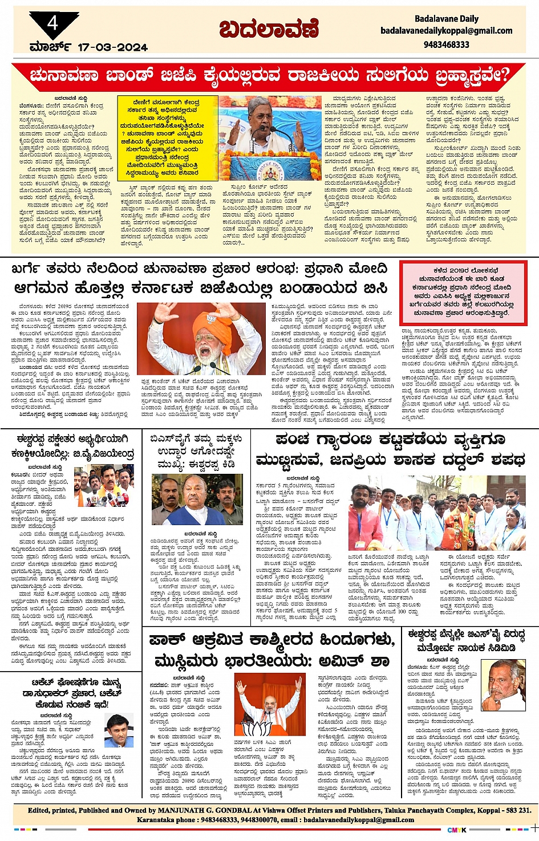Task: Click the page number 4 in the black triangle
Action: pyautogui.click(x=53, y=23)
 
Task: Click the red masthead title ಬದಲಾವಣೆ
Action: pyautogui.click(x=269, y=29)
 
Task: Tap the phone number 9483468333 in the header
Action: pyautogui.click(x=447, y=44)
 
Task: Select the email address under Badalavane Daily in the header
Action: pyautogui.click(x=447, y=31)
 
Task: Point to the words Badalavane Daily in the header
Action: pyautogui.click(x=447, y=19)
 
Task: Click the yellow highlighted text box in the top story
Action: pyautogui.click(x=167, y=139)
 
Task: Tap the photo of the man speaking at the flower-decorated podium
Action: pyautogui.click(x=269, y=137)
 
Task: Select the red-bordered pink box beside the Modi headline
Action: pyautogui.click(x=463, y=292)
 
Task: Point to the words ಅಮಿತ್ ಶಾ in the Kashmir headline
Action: pyautogui.click(x=357, y=661)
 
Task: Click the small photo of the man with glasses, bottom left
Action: pyautogui.click(x=119, y=730)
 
